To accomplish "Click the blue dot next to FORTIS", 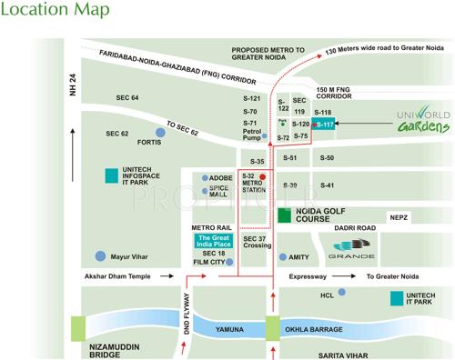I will (160, 133).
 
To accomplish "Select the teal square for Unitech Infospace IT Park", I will (110, 175).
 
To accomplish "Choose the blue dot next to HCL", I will (341, 293).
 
